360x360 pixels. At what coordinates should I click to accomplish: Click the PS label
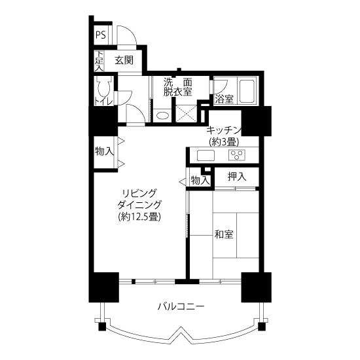coord(101,35)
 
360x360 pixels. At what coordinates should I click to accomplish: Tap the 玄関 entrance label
coord(124,61)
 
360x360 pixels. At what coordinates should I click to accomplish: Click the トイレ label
coord(103,101)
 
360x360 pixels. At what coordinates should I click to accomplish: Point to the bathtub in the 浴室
coord(247,91)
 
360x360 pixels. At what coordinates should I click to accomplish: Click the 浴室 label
coord(224,99)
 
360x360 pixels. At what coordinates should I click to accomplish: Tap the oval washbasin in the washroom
coord(162,115)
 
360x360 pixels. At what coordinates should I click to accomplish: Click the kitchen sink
coord(206,155)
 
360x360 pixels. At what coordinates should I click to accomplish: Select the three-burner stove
coord(236,155)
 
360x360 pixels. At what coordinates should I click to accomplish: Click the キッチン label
coord(224,130)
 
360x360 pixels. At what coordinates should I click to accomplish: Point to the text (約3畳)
coord(224,142)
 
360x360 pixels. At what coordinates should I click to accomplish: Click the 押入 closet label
coord(237,177)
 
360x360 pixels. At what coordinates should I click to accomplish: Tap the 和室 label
coord(224,234)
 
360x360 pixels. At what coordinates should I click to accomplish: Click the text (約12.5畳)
coord(139,216)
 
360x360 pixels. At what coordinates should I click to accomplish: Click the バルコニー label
coord(181,306)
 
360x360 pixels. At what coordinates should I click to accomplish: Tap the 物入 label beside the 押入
coord(200,181)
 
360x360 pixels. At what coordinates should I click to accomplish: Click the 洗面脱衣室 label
coord(177,87)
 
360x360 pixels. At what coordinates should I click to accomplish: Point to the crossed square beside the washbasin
coord(186,114)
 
